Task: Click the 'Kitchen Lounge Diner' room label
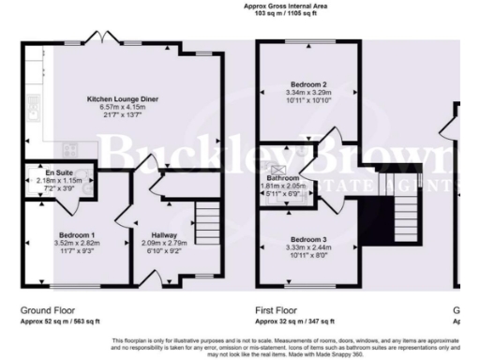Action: pyautogui.click(x=123, y=98)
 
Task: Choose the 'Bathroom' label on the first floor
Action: pyautogui.click(x=282, y=177)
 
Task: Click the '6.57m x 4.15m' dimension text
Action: pyautogui.click(x=123, y=107)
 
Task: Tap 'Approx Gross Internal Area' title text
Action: pyautogui.click(x=287, y=6)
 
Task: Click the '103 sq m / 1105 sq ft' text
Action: pyautogui.click(x=287, y=14)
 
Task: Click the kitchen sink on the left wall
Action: pyautogui.click(x=33, y=112)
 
